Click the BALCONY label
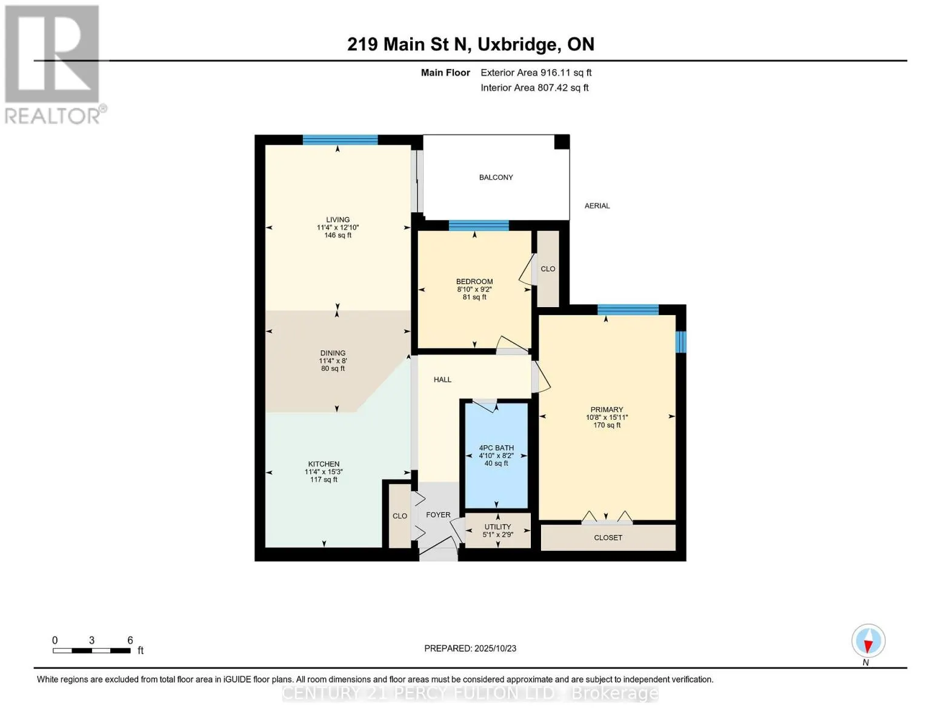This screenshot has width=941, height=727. (496, 178)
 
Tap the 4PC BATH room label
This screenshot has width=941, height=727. (496, 448)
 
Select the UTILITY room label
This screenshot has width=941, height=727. (497, 526)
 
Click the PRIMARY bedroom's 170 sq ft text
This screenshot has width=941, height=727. (607, 425)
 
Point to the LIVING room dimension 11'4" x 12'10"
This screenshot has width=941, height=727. (337, 228)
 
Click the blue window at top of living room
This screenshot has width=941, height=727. (340, 140)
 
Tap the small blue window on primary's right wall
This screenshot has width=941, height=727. (680, 342)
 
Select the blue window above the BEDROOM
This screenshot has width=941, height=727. (479, 226)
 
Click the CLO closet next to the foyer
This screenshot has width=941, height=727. (400, 516)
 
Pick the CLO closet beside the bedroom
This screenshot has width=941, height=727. (548, 269)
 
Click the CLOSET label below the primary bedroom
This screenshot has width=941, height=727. (608, 537)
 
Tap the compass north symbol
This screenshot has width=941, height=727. (868, 641)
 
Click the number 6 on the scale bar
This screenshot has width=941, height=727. (130, 640)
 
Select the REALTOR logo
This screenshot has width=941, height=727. (53, 64)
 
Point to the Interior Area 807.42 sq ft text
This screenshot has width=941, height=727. (534, 88)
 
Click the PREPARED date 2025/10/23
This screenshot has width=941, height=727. (495, 648)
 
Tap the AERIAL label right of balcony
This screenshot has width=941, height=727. (597, 206)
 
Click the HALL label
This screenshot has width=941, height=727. (442, 380)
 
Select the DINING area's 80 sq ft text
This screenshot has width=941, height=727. (333, 368)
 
